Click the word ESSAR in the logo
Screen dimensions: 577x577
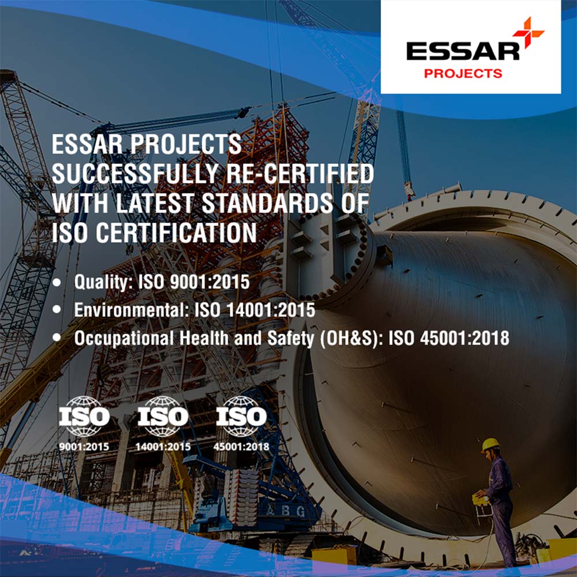463,51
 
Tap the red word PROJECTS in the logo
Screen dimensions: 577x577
463,74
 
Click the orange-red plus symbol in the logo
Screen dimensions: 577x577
528,32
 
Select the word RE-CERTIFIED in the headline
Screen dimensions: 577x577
299,174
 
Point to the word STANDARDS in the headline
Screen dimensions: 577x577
268,203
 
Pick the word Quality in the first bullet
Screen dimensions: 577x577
103,283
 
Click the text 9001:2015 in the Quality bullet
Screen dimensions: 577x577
210,282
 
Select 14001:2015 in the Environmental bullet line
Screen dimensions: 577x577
271,310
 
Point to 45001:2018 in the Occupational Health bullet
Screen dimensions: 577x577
464,338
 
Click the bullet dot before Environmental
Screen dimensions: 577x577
57,309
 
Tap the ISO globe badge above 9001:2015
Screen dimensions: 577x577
84,416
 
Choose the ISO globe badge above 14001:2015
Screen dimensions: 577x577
163,416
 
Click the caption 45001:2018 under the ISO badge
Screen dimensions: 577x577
241,447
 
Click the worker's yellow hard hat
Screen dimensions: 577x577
490,445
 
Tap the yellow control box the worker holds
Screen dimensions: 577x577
480,499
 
